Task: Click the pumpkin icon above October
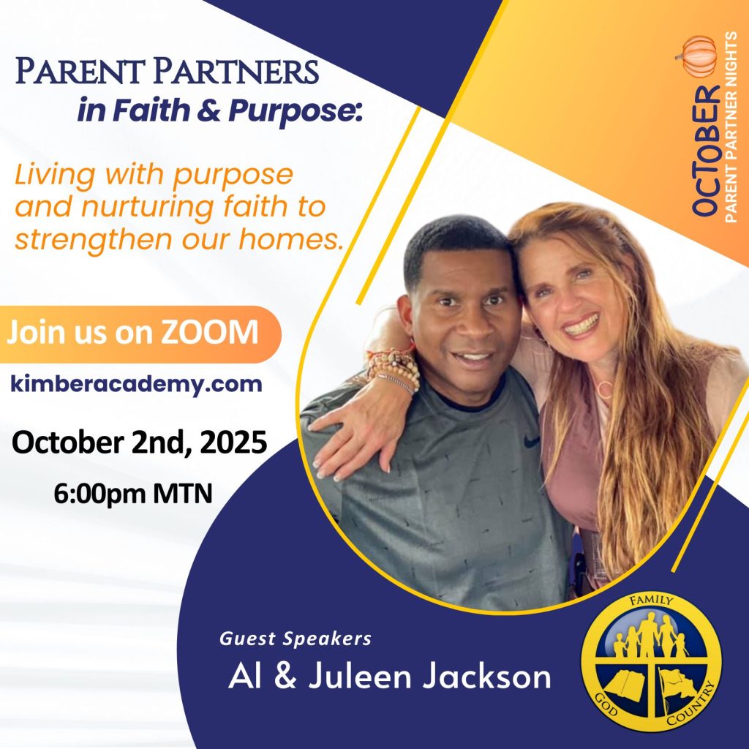697,57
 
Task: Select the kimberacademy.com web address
136,384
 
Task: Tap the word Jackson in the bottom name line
486,677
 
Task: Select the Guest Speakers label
296,639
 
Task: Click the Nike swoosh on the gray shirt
531,441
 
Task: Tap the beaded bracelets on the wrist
393,369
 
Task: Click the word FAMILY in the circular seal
652,600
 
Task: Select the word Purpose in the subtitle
292,111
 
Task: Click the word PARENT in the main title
80,71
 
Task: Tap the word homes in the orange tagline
290,238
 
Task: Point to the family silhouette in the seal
650,636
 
